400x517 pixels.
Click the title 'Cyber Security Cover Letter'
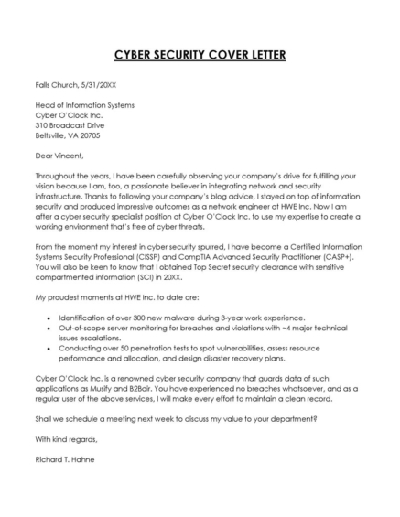click(200, 54)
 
